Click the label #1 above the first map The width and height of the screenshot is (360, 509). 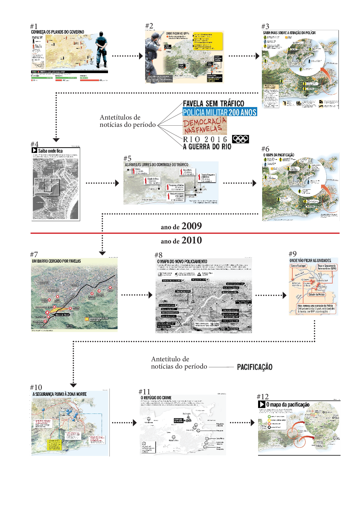pyautogui.click(x=34, y=26)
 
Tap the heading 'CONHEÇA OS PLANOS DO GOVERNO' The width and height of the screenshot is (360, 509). pyautogui.click(x=57, y=32)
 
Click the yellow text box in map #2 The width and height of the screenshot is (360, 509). pyautogui.click(x=208, y=41)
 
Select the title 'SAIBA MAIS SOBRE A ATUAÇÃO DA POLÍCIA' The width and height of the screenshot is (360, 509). pyautogui.click(x=289, y=33)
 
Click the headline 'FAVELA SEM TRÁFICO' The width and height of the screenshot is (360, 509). pyautogui.click(x=213, y=104)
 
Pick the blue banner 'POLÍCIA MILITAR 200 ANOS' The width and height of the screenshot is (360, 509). pyautogui.click(x=220, y=112)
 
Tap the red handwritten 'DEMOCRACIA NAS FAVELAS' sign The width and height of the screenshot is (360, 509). pyautogui.click(x=205, y=125)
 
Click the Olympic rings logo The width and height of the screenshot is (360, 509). pyautogui.click(x=240, y=139)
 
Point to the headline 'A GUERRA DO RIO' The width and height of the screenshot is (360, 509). pyautogui.click(x=207, y=147)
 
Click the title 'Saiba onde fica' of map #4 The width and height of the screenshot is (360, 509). pyautogui.click(x=50, y=151)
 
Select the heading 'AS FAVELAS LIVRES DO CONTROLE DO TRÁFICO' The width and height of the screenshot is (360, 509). pyautogui.click(x=156, y=165)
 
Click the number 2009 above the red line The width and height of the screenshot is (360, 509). pyautogui.click(x=192, y=226)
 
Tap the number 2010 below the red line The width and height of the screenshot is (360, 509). pyautogui.click(x=192, y=240)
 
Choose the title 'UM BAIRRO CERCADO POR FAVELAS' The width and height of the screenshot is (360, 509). pyautogui.click(x=56, y=261)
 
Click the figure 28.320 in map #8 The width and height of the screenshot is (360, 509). pyautogui.click(x=215, y=324)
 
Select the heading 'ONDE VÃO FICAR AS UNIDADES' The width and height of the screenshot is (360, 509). pyautogui.click(x=310, y=261)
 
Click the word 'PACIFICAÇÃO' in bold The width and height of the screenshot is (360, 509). pyautogui.click(x=255, y=367)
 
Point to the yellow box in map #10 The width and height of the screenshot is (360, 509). pyautogui.click(x=54, y=445)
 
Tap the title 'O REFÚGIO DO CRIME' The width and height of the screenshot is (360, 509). pyautogui.click(x=156, y=398)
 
